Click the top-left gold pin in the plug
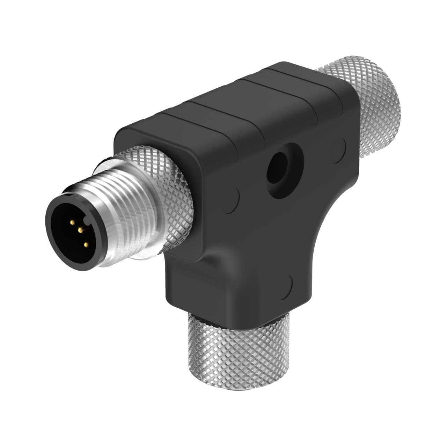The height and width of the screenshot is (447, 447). (72, 222)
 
